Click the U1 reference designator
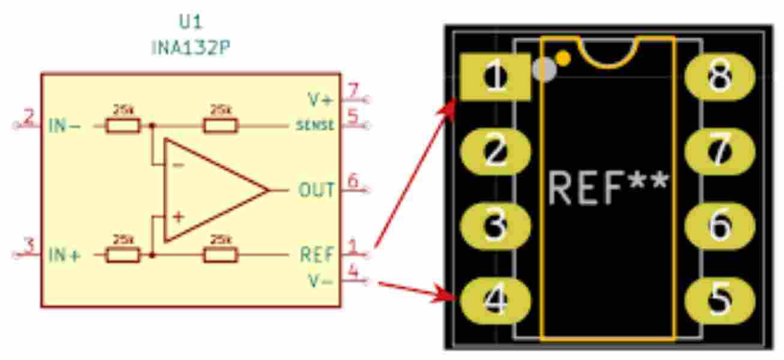pyautogui.click(x=191, y=23)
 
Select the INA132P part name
pyautogui.click(x=191, y=47)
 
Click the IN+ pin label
pyautogui.click(x=65, y=255)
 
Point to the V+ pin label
pyautogui.click(x=319, y=100)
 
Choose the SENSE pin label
pyautogui.click(x=315, y=126)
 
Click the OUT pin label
pyautogui.click(x=316, y=191)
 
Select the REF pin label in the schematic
pyautogui.click(x=316, y=255)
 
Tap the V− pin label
pyautogui.click(x=320, y=280)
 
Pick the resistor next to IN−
pyautogui.click(x=123, y=125)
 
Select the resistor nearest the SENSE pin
pyautogui.click(x=221, y=125)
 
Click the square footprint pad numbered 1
pyautogui.click(x=495, y=77)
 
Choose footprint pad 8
pyautogui.click(x=720, y=77)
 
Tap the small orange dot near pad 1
pyautogui.click(x=563, y=58)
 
